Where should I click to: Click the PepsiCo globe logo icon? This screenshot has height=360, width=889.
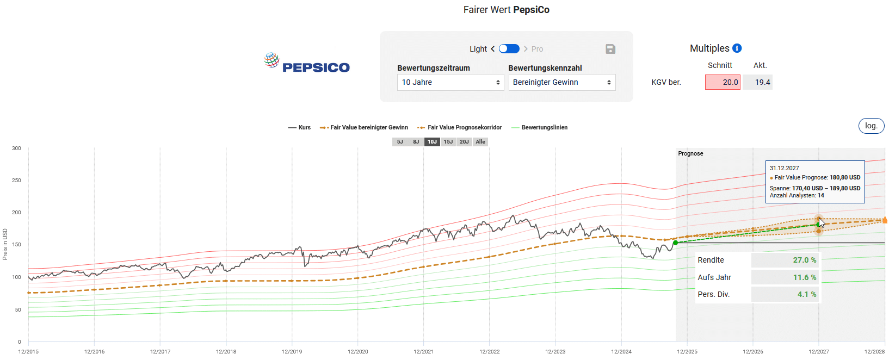point(271,60)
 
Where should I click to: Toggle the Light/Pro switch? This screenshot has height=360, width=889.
point(509,49)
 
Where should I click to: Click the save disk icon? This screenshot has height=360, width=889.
point(610,49)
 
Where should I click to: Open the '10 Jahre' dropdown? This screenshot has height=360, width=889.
point(450,82)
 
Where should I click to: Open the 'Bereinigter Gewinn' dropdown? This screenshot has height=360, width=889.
point(561,82)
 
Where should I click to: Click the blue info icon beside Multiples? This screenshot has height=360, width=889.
point(737,48)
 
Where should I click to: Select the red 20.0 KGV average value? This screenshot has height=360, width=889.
point(723,82)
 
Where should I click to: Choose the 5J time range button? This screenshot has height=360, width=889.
point(400,142)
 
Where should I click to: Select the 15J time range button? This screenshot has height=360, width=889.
point(448,142)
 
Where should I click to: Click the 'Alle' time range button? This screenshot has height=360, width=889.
point(480,142)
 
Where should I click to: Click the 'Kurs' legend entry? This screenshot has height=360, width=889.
point(299,128)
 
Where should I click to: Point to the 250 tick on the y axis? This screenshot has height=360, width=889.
point(16,180)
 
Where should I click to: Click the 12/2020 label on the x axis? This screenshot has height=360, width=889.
point(357,352)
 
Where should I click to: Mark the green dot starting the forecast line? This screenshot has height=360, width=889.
point(676,243)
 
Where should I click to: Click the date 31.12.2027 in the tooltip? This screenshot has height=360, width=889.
point(784,168)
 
